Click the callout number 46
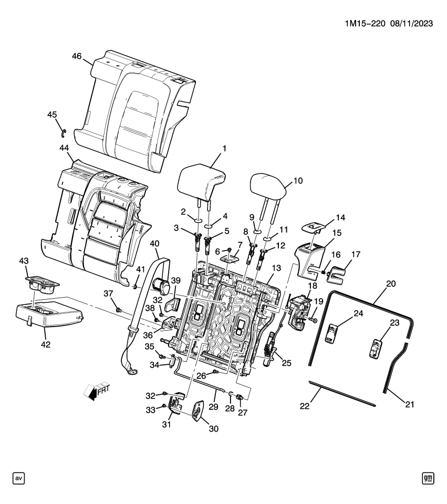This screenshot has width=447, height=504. tap(76, 57)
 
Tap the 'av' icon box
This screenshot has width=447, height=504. tap(19, 478)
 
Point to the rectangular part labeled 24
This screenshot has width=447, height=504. tap(331, 333)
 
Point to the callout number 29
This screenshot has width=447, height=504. tap(213, 407)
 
